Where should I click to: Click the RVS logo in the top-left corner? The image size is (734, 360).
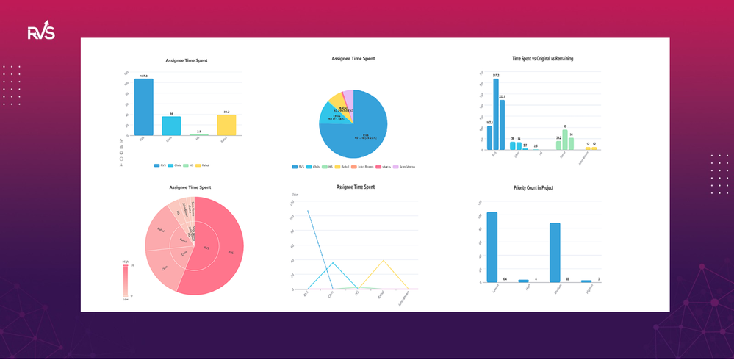pos(41,32)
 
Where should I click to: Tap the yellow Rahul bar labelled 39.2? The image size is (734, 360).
pos(226,125)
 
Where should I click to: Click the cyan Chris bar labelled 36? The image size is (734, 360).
pos(171,126)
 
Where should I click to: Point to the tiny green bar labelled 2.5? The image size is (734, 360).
pos(199,135)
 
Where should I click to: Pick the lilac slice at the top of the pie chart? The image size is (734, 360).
pos(349,96)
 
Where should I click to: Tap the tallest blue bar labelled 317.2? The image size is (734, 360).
pos(496,115)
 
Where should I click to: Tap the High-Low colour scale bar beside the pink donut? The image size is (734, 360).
pos(125,280)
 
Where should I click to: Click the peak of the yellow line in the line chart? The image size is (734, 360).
pos(382,260)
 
